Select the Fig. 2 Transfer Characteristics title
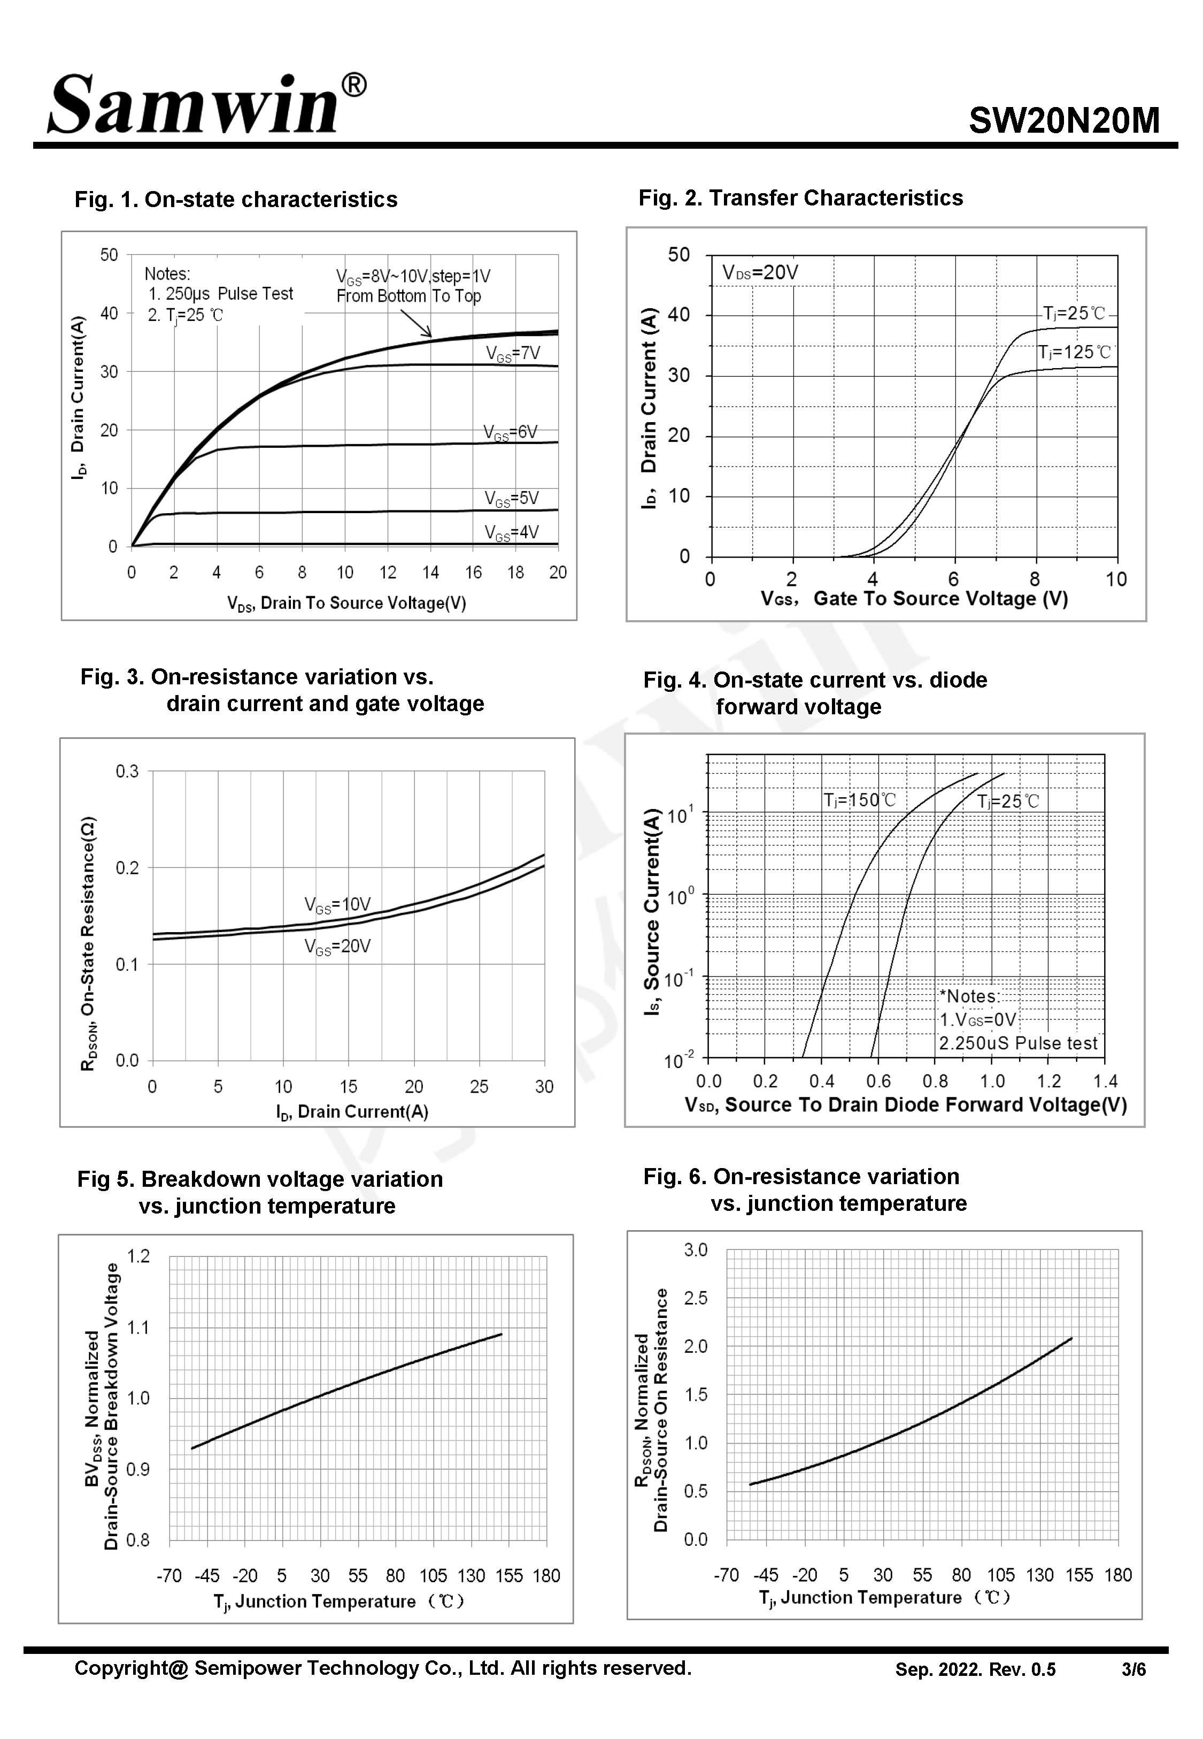coord(800,197)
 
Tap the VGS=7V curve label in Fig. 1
coord(513,354)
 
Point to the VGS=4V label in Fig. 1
coord(511,532)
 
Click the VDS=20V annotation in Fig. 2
coord(760,272)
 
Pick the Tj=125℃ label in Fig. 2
coord(1074,352)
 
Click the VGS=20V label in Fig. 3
coord(337,947)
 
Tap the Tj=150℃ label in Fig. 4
coord(859,800)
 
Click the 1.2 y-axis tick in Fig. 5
coord(138,1256)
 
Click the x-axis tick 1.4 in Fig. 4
coord(1105,1081)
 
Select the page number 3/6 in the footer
coord(1133,1669)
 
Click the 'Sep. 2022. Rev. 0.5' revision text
coord(975,1669)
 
